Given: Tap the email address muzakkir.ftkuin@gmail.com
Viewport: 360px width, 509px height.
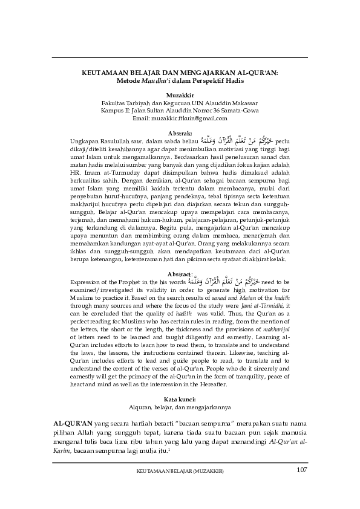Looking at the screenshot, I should click(180, 119).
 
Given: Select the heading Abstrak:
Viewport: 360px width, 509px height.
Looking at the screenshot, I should click(180, 132).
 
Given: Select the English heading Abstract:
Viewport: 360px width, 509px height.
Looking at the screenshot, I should click(180, 257).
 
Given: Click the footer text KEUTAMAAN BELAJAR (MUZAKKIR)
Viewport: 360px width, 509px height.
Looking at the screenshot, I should click(180, 472).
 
